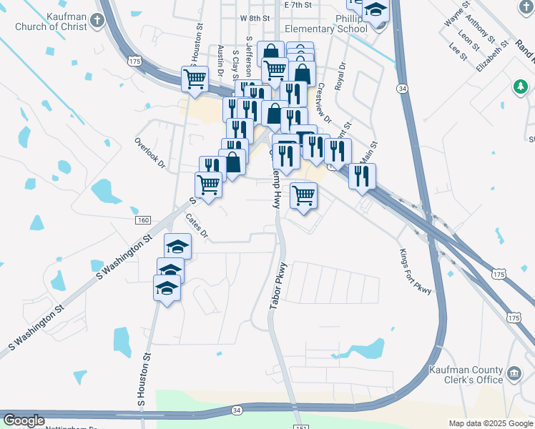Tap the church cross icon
[x=97, y=19]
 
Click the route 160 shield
[x=142, y=220]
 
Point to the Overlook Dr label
[x=149, y=152]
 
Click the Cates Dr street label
[x=196, y=225]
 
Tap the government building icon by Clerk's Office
[x=514, y=374]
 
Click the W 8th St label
[x=255, y=17]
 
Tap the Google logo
[x=24, y=420]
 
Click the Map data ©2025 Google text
[x=490, y=423]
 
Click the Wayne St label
[x=456, y=14]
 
